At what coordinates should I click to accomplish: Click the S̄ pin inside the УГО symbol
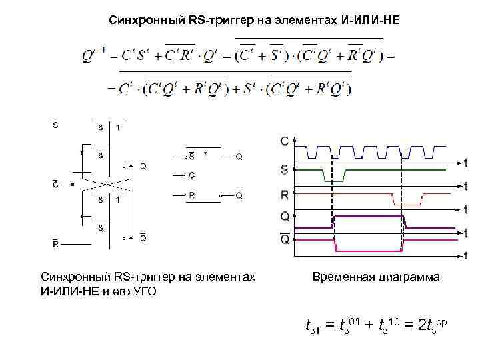click(x=191, y=157)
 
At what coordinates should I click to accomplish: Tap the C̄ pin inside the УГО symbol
click(x=191, y=176)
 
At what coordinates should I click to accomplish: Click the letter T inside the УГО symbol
click(x=206, y=154)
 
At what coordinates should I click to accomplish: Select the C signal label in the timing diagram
click(x=285, y=142)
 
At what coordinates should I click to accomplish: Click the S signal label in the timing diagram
click(x=285, y=170)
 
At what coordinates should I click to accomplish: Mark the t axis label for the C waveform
click(x=465, y=162)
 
